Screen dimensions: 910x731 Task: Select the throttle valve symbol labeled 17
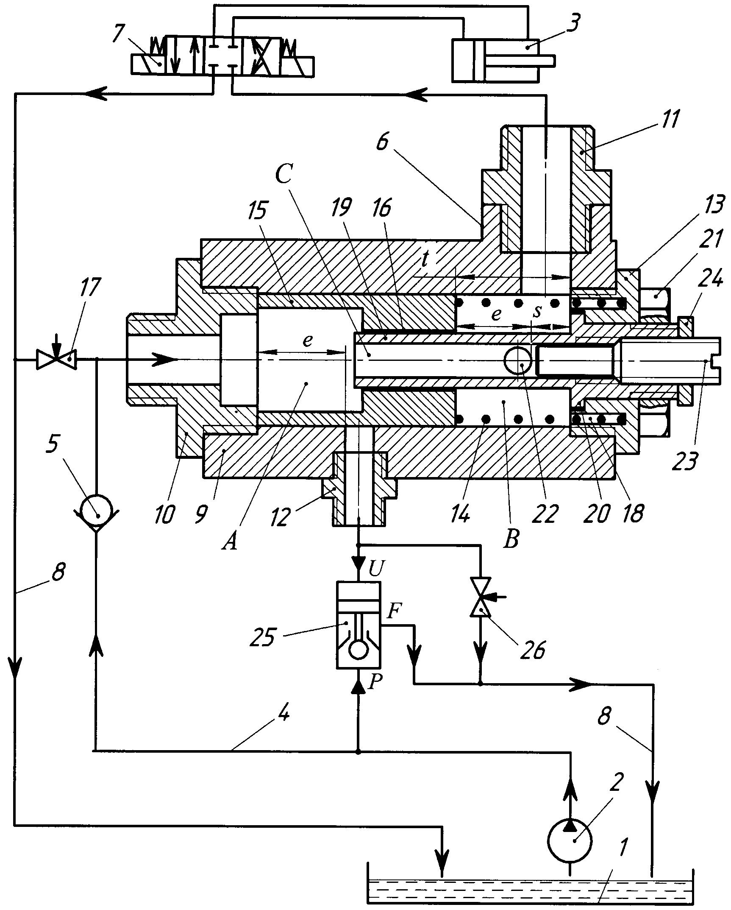[56, 360]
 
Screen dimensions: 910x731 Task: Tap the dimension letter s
[537, 311]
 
